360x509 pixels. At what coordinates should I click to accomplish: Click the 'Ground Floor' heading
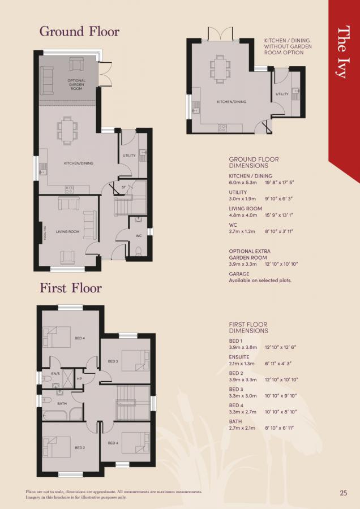click(x=79, y=31)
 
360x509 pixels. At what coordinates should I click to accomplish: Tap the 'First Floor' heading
click(x=71, y=288)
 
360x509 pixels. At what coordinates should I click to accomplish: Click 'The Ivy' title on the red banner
click(x=344, y=51)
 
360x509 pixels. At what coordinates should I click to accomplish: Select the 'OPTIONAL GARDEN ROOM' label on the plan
click(x=76, y=85)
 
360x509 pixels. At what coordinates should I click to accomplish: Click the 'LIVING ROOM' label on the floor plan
click(x=67, y=231)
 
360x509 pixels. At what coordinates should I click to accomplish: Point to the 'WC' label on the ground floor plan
click(x=138, y=235)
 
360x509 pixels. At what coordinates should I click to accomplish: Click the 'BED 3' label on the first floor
click(x=112, y=361)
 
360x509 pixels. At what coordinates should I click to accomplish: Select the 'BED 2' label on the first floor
click(x=80, y=447)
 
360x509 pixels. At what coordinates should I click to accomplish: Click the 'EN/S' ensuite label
click(x=55, y=374)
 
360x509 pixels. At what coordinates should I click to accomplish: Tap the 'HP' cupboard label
click(x=79, y=378)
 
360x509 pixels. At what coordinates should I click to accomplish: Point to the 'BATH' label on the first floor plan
click(x=62, y=403)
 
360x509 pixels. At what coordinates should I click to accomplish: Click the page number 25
click(x=344, y=493)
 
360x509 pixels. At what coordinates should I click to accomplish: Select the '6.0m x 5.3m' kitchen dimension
click(x=243, y=183)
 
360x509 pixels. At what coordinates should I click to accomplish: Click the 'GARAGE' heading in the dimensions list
click(x=239, y=274)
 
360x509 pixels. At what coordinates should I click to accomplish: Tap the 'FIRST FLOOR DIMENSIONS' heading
click(x=248, y=327)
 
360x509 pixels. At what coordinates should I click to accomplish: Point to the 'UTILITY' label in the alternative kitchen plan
click(x=282, y=94)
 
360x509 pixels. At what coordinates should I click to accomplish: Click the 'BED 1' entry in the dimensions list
click(x=235, y=340)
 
